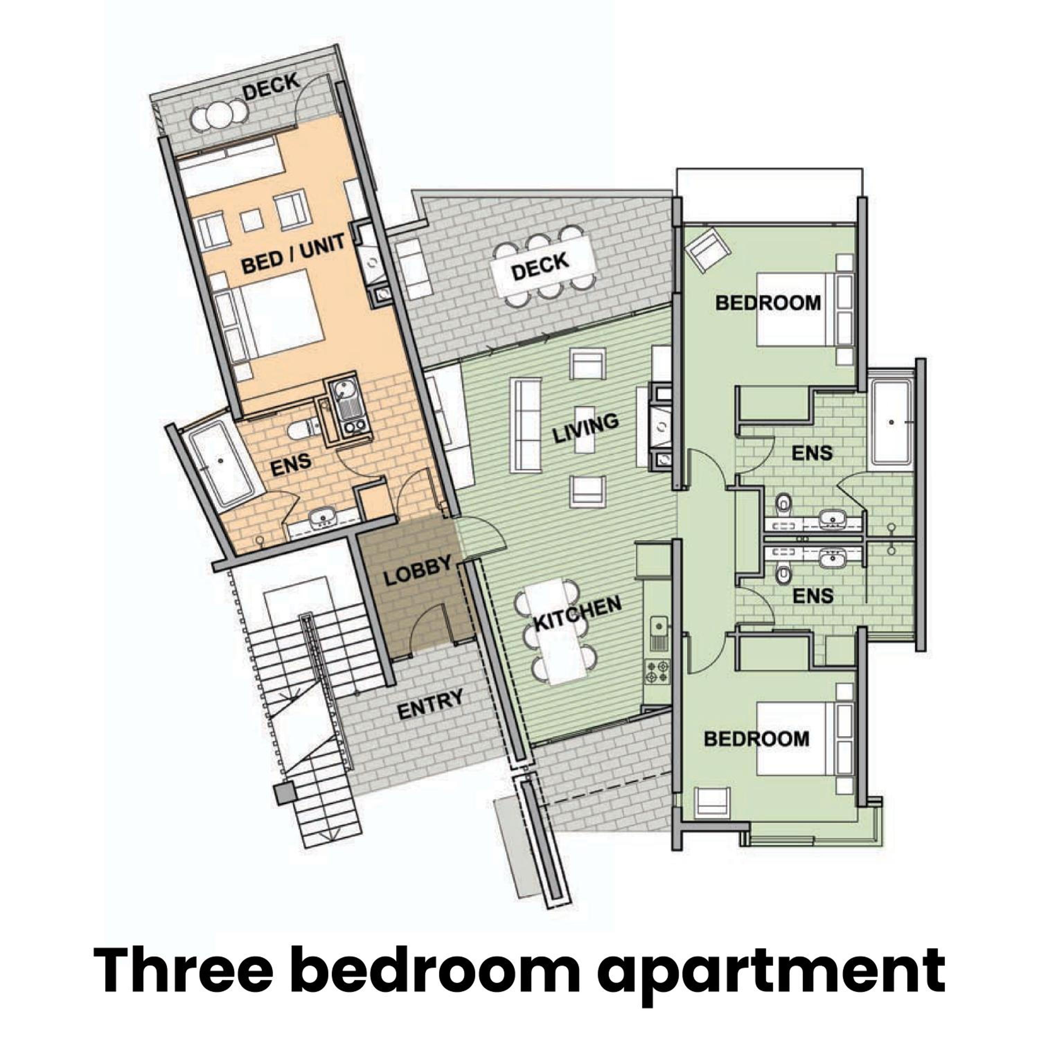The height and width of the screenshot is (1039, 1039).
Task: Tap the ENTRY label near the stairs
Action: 430,704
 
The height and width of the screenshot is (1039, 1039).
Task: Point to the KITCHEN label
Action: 578,614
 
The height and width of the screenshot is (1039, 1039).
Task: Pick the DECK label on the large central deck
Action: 540,266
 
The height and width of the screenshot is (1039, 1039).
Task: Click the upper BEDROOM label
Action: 768,303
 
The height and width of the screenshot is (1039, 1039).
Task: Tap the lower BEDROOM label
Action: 756,739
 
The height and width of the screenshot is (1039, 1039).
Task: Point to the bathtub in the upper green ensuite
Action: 890,423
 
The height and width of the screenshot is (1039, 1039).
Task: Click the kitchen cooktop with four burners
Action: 659,672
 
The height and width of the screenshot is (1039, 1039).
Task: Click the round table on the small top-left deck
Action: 220,115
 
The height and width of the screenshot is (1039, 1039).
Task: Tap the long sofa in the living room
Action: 527,425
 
